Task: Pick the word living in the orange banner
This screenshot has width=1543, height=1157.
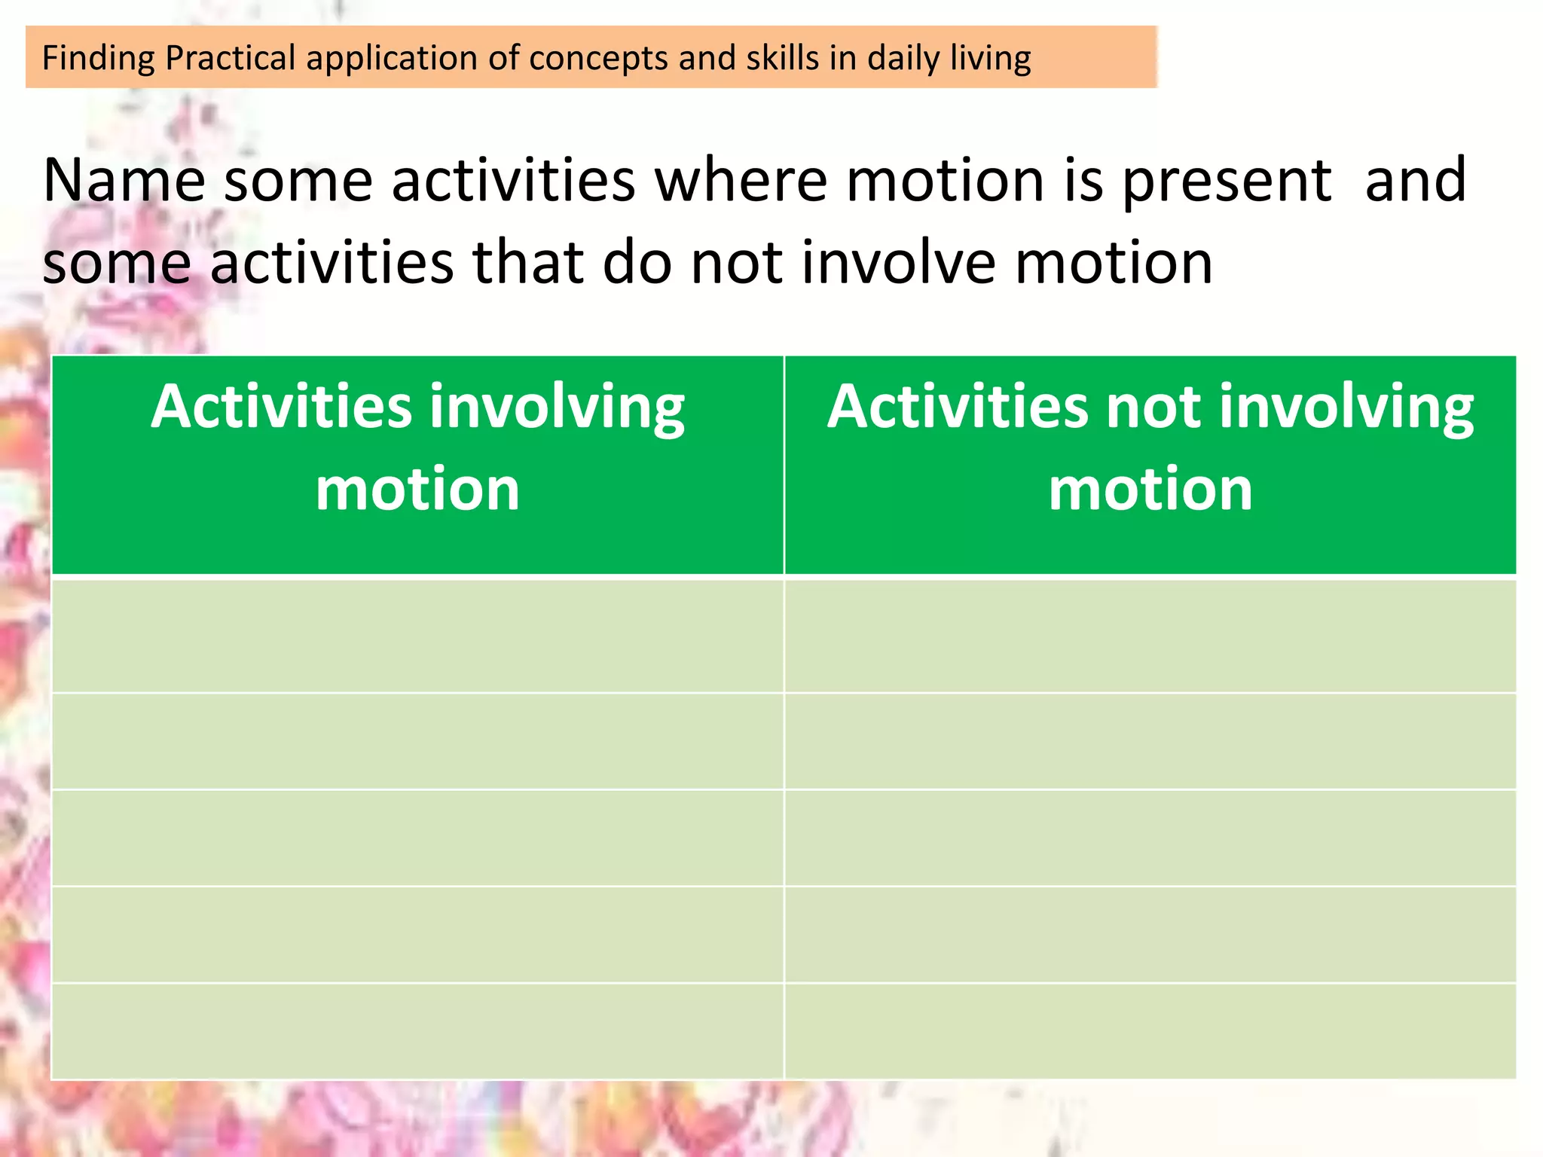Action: (990, 59)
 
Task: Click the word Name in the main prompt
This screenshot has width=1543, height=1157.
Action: (124, 181)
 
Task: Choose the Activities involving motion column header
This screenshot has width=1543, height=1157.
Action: (417, 448)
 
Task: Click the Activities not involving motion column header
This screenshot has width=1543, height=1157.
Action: (1150, 448)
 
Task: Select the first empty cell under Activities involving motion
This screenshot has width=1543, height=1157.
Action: (417, 635)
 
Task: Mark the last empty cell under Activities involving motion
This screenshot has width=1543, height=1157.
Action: (417, 1030)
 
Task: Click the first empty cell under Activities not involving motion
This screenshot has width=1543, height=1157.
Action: (1150, 635)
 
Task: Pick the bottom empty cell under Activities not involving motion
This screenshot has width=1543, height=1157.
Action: (1150, 1030)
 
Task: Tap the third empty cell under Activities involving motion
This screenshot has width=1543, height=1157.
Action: (417, 838)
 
